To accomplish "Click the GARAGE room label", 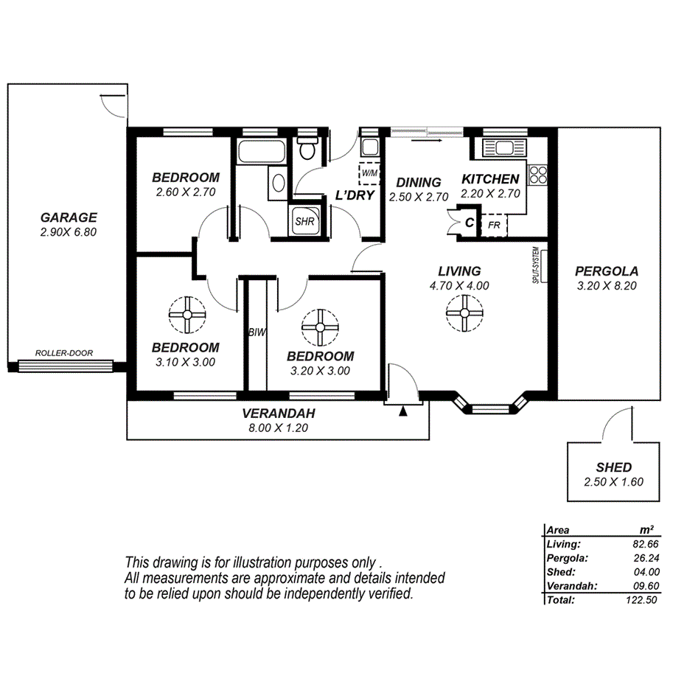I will [69, 217].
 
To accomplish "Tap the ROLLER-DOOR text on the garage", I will [64, 353].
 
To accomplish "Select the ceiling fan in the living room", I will [464, 313].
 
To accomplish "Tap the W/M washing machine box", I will [369, 173].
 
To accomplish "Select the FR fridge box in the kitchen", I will [494, 223].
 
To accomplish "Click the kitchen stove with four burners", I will [538, 175].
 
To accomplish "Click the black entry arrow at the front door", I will [402, 411].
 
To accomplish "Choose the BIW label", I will [256, 333].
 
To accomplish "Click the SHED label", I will [613, 467].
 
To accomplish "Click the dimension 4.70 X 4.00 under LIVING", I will [460, 286].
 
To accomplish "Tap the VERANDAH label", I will [278, 413].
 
